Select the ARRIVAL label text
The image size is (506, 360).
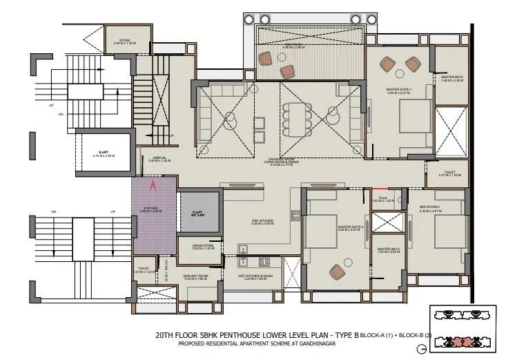[x=158, y=159]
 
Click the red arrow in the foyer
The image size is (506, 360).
[x=155, y=184]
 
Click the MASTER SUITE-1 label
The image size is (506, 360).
[x=400, y=90]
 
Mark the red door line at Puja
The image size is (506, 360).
[x=380, y=188]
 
